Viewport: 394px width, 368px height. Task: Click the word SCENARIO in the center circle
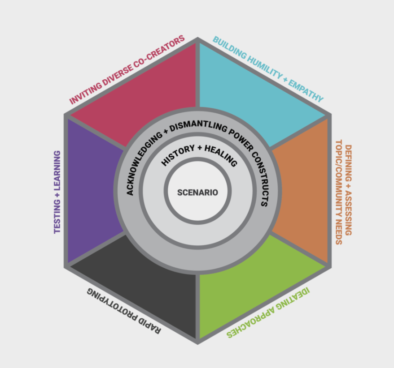tap(197, 193)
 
